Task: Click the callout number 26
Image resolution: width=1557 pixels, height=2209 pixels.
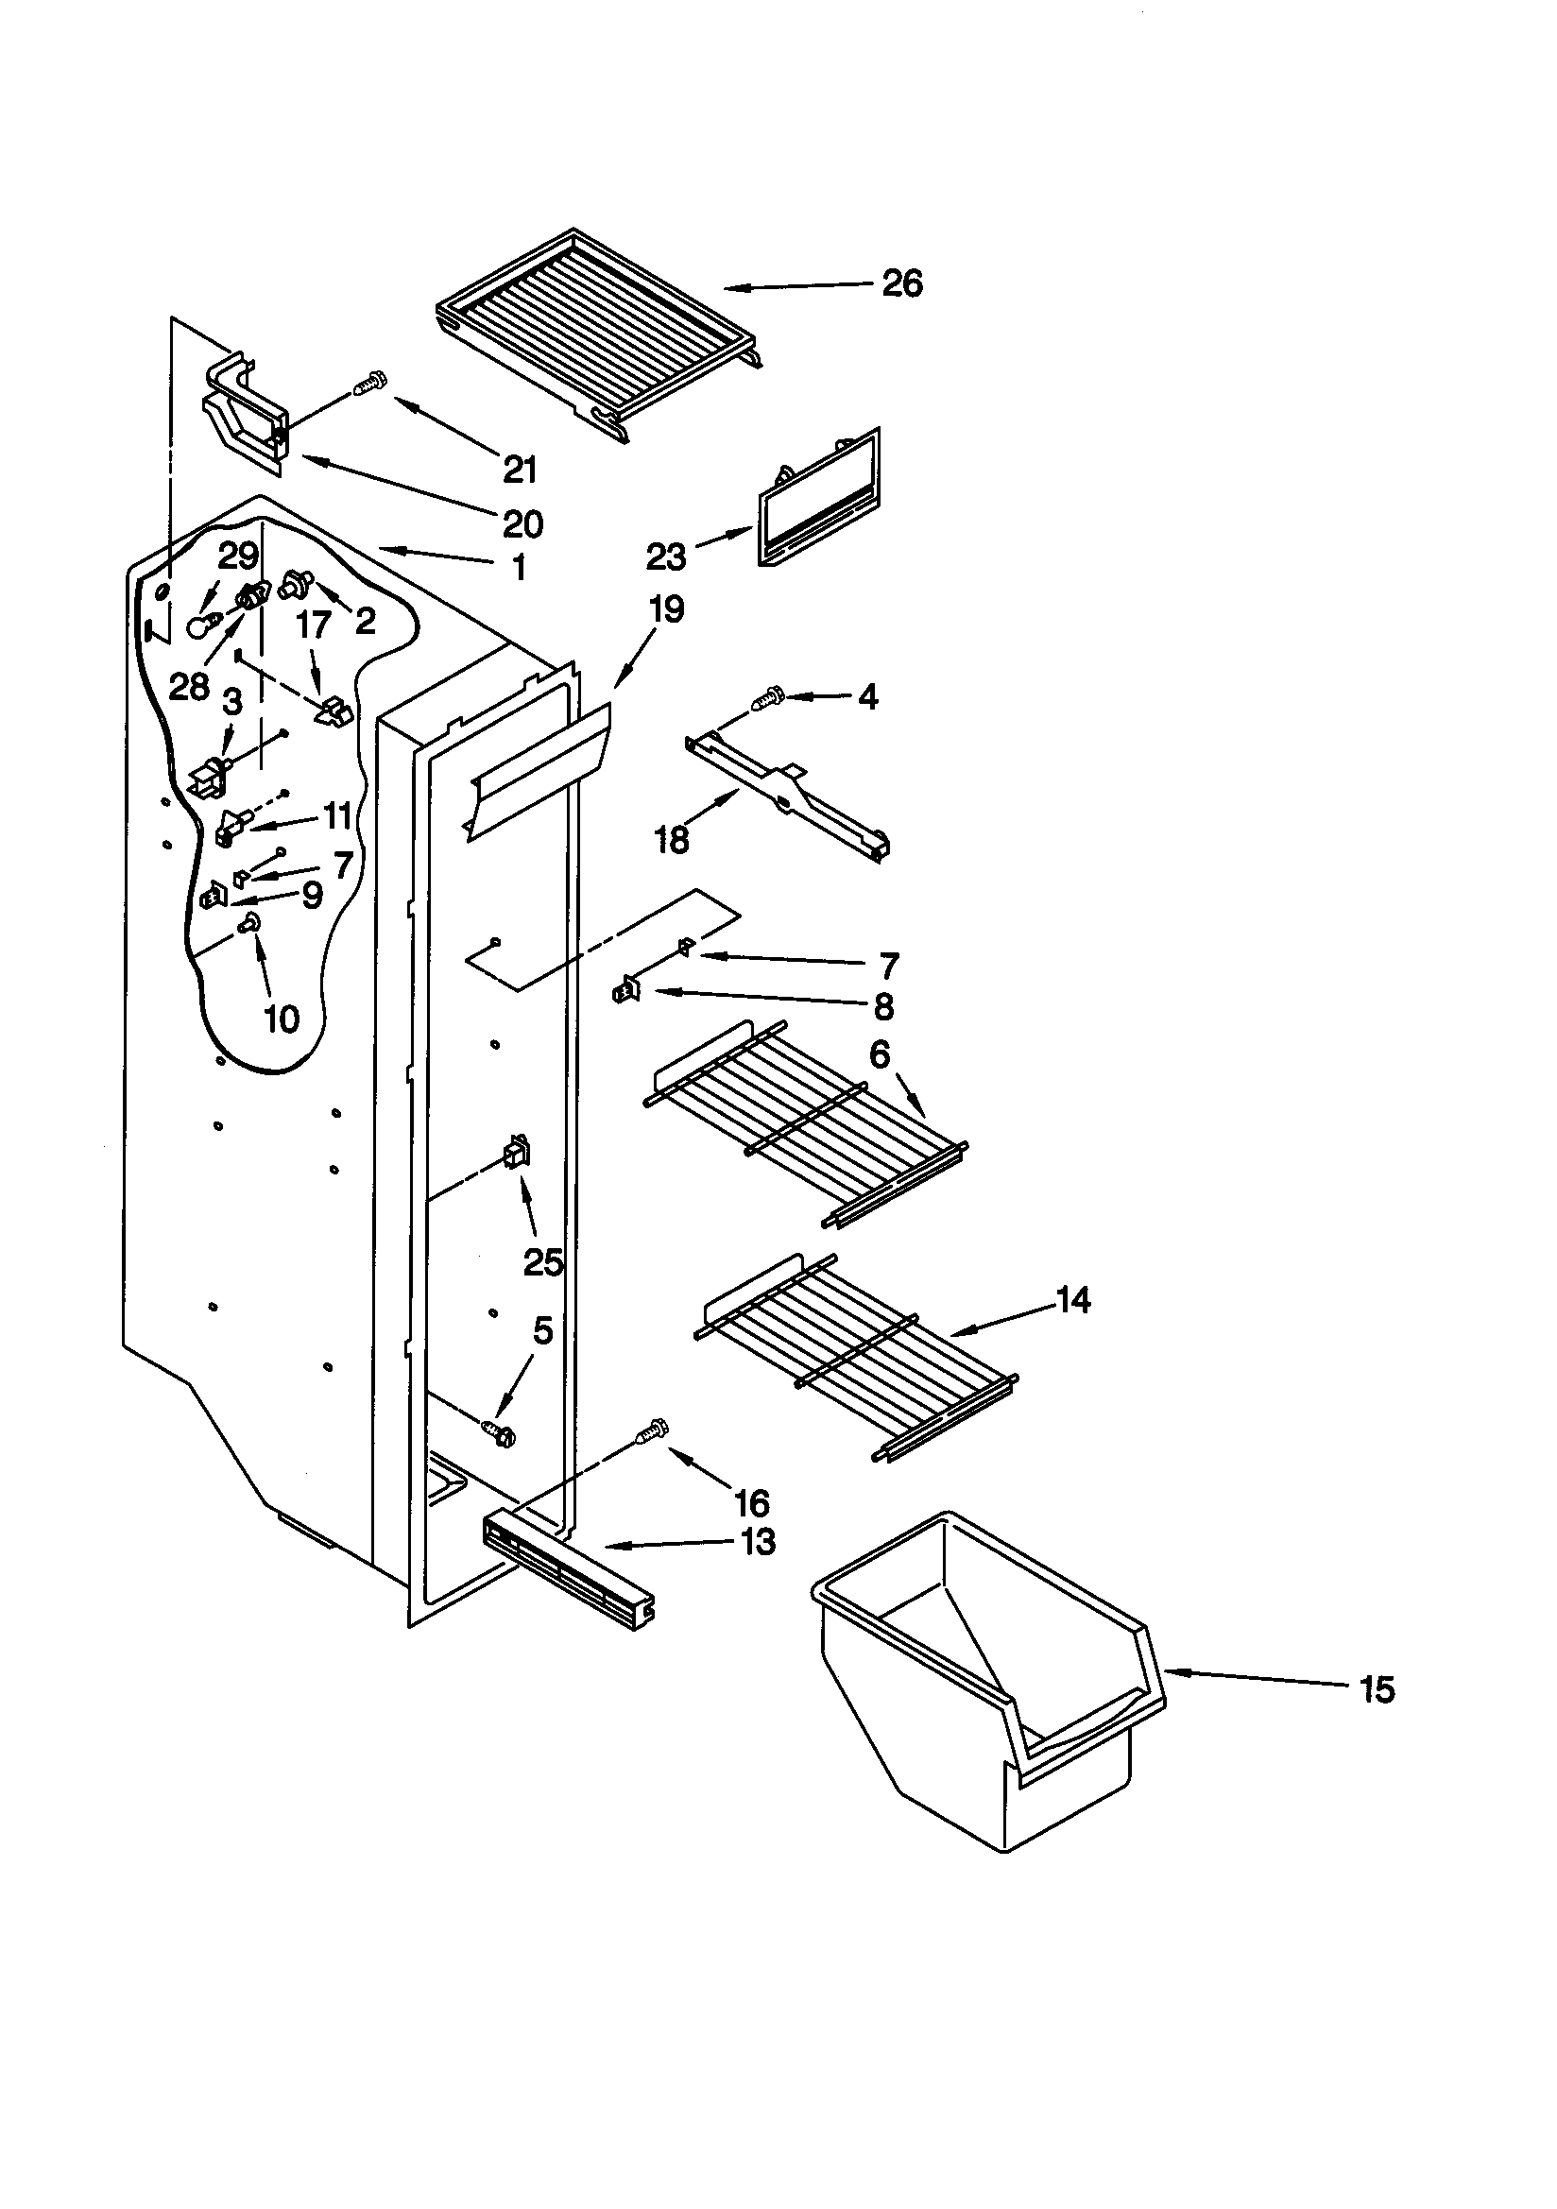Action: (x=901, y=283)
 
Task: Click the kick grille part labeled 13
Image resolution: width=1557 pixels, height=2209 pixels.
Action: (x=568, y=1578)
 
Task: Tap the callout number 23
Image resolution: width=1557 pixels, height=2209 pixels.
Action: (x=666, y=557)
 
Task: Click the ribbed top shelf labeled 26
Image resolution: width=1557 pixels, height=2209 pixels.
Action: (x=596, y=332)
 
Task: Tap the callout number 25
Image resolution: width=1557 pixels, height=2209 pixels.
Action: (x=541, y=1262)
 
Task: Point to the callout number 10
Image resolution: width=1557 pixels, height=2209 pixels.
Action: (x=281, y=1018)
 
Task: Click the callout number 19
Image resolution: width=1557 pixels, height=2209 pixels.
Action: (x=666, y=609)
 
